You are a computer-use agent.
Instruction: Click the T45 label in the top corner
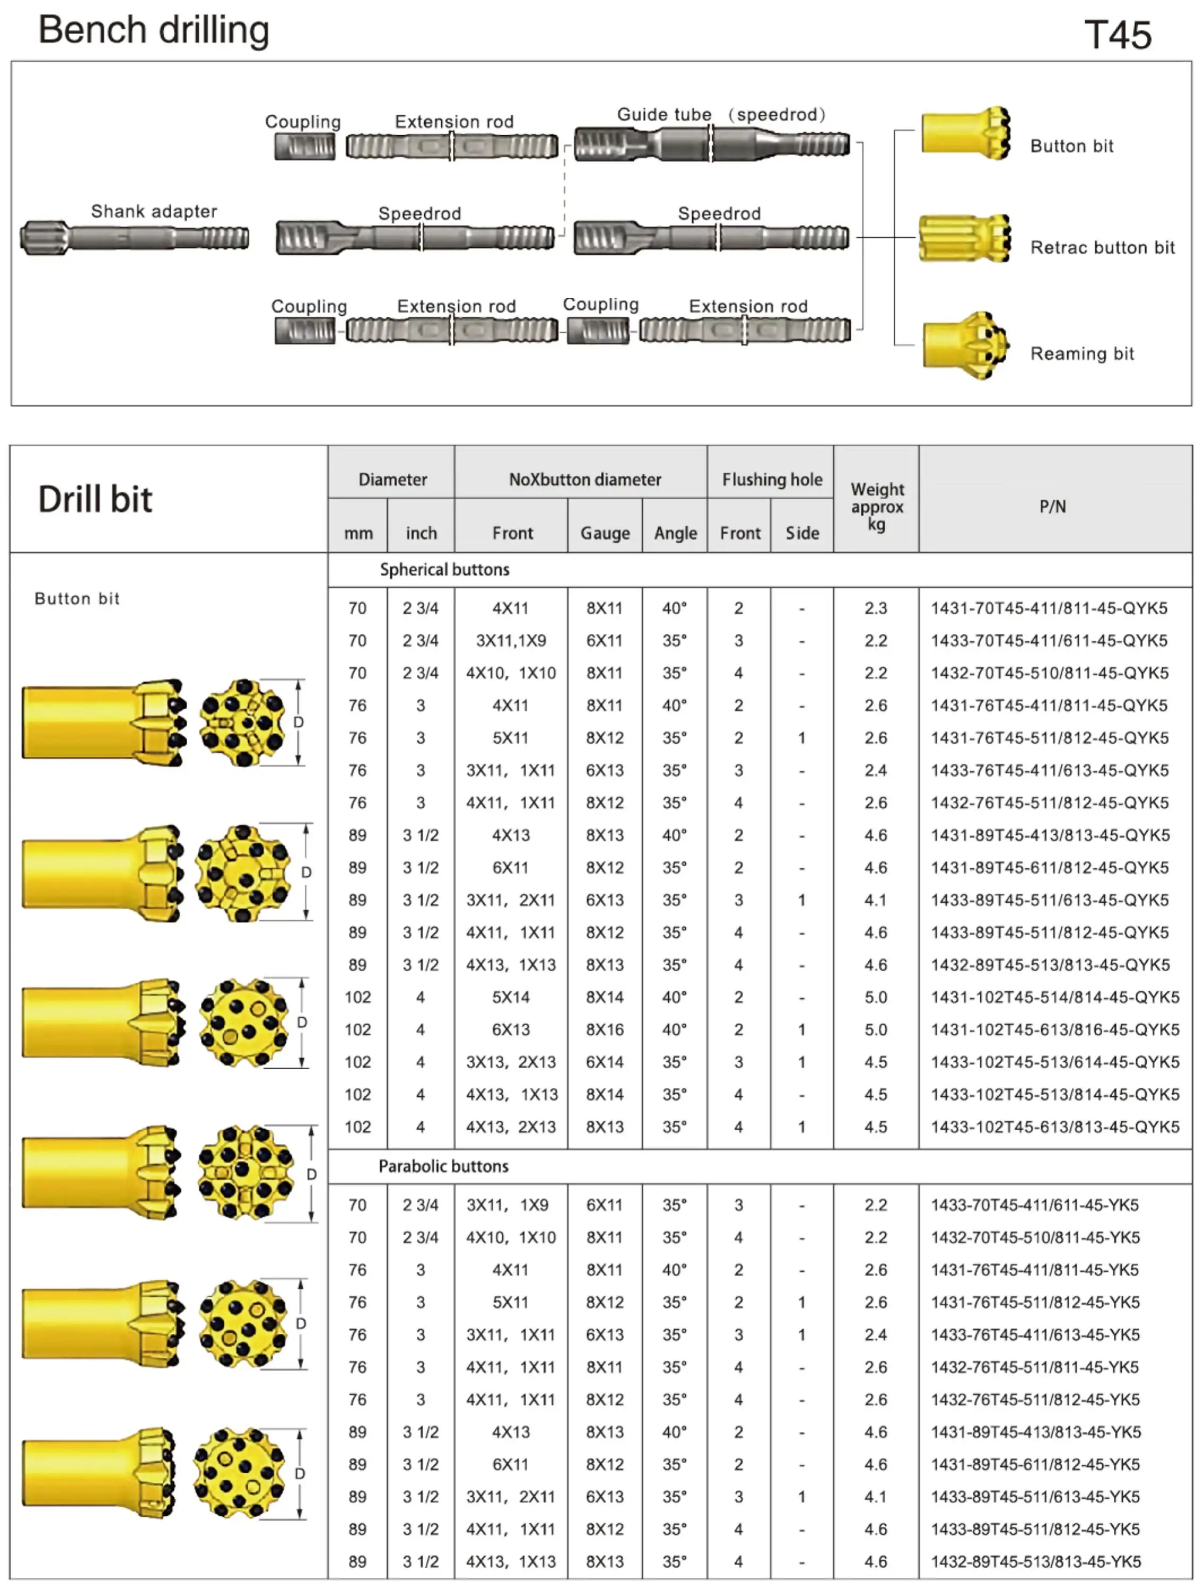(1117, 35)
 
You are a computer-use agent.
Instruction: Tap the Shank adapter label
(154, 211)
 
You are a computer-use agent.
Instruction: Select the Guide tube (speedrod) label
(720, 115)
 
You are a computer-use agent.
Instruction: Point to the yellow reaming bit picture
(965, 346)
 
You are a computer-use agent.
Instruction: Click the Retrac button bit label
(1102, 248)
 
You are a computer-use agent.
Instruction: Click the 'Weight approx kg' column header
(876, 506)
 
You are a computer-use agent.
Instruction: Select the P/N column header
(1052, 506)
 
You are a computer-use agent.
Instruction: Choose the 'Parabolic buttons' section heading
(443, 1166)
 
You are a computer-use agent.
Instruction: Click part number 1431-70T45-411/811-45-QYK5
(1048, 608)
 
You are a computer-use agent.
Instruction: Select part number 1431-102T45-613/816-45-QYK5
(1054, 1030)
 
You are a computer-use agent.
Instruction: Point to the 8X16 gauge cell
(604, 1030)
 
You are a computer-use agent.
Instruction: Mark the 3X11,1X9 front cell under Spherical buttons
(510, 640)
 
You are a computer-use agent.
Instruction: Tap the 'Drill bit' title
(95, 499)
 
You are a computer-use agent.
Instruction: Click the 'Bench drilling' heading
(154, 30)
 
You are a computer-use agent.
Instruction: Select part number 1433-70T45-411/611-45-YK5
(1034, 1205)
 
